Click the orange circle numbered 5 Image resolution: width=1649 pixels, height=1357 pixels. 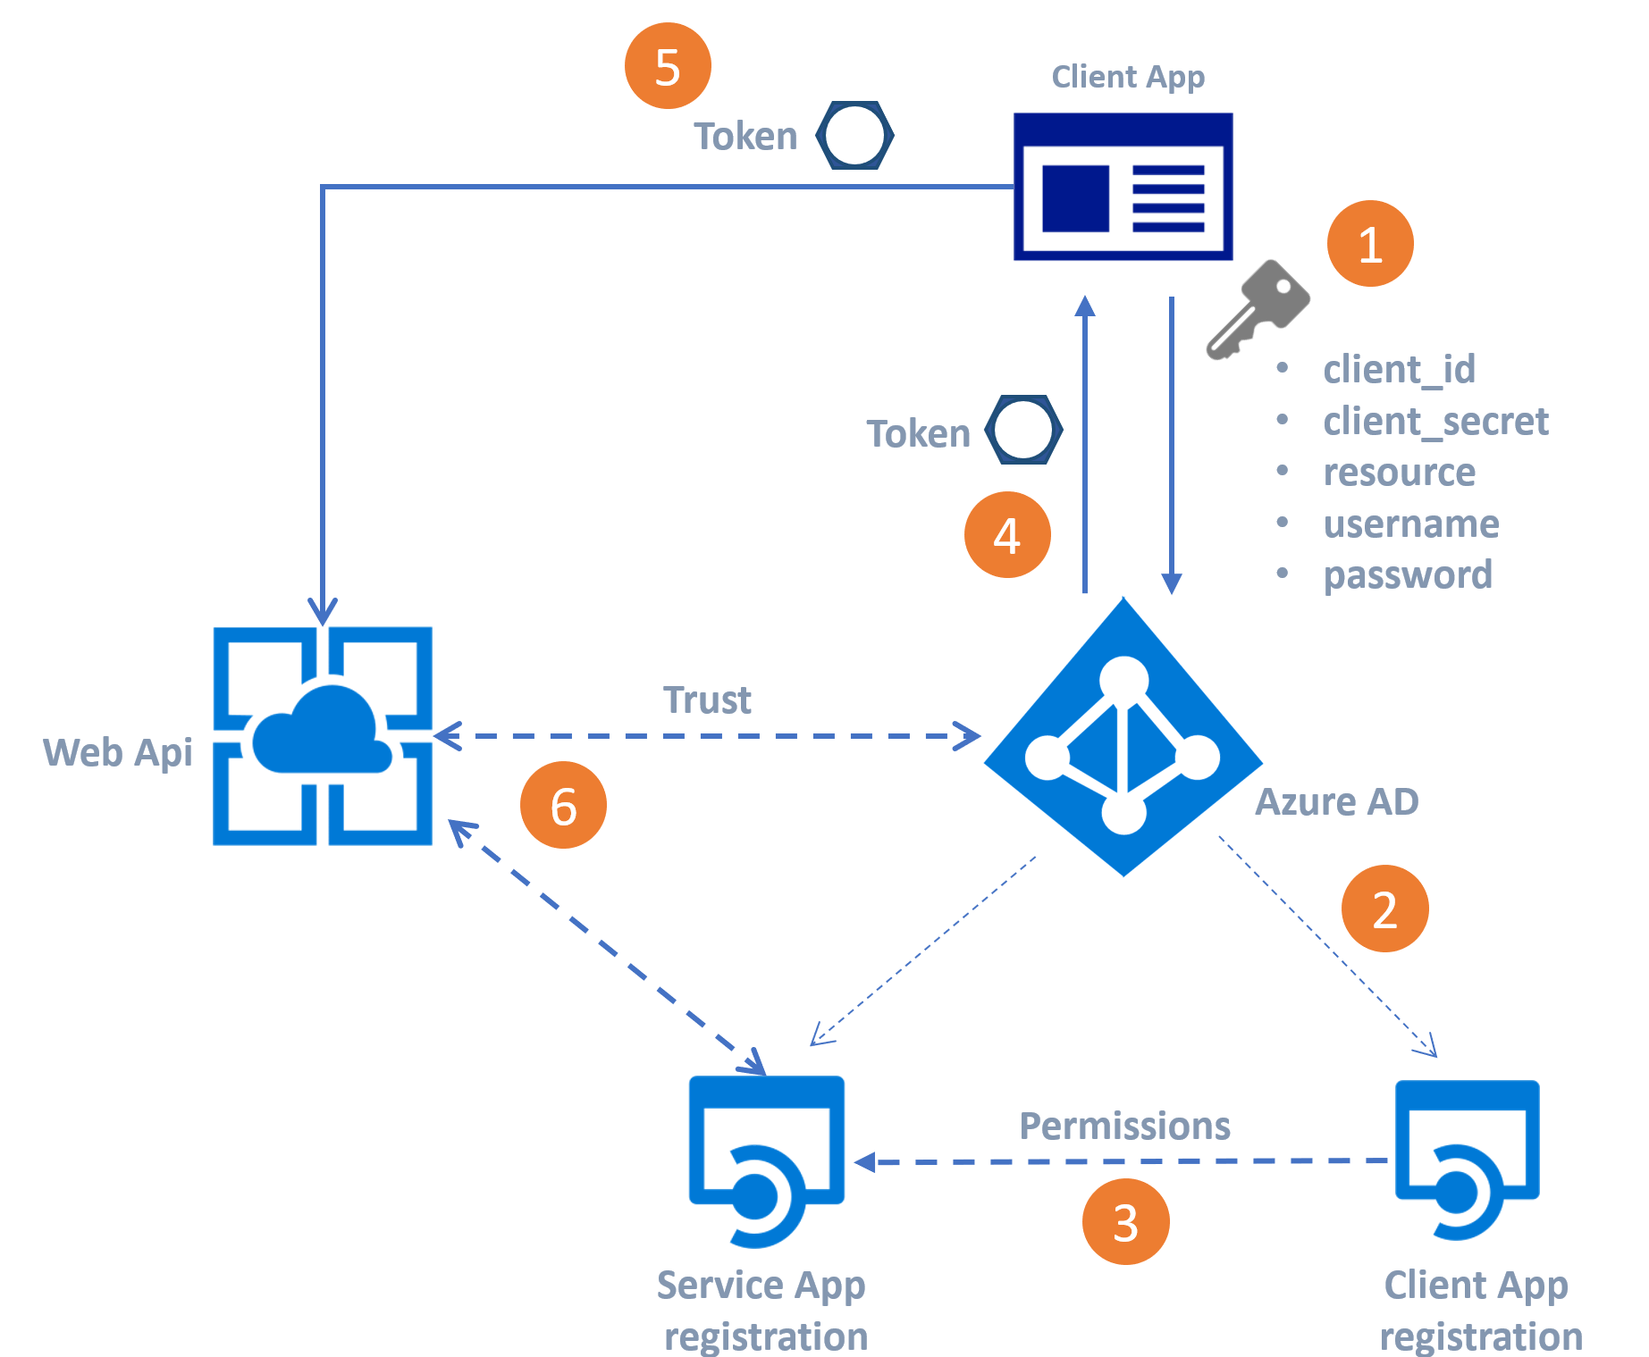pyautogui.click(x=668, y=66)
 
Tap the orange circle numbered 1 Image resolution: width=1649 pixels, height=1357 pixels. pyautogui.click(x=1370, y=244)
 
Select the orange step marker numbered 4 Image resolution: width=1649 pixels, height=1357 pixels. pyautogui.click(x=1007, y=535)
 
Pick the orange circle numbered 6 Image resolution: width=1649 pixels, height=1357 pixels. pyautogui.click(x=563, y=805)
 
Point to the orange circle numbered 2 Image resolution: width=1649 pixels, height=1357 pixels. pyautogui.click(x=1384, y=909)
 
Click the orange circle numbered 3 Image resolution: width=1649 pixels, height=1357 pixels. pyautogui.click(x=1125, y=1221)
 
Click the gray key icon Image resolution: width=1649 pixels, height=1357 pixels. pyautogui.click(x=1256, y=310)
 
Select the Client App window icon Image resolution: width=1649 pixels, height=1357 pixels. pyautogui.click(x=1123, y=186)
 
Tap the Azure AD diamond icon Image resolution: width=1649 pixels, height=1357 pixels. pyautogui.click(x=1123, y=737)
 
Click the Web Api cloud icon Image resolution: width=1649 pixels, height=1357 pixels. pyautogui.click(x=323, y=735)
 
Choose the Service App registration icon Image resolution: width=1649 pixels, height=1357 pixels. pyautogui.click(x=766, y=1160)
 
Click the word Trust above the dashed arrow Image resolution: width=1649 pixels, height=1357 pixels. pyautogui.click(x=707, y=700)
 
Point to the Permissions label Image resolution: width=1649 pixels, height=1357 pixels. pyautogui.click(x=1124, y=1127)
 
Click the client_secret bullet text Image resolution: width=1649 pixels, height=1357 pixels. pyautogui.click(x=1435, y=421)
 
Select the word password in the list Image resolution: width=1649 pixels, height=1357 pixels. pyautogui.click(x=1408, y=575)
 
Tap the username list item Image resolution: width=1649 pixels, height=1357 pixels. pyautogui.click(x=1411, y=524)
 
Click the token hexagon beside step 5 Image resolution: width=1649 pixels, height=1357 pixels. pyautogui.click(x=854, y=136)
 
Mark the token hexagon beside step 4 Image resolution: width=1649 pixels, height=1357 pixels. pyautogui.click(x=1023, y=430)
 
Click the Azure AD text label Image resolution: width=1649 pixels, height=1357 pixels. pyautogui.click(x=1337, y=801)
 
